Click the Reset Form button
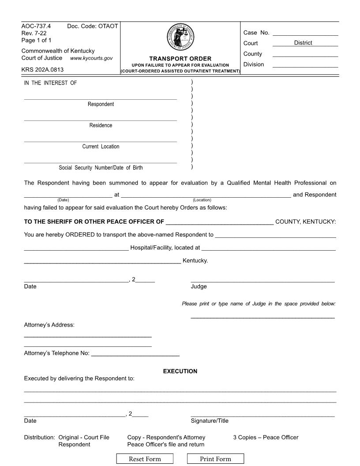click(145, 459)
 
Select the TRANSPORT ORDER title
click(180, 59)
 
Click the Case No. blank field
click(305, 32)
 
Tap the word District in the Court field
click(303, 43)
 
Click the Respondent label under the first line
click(101, 104)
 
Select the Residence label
click(101, 125)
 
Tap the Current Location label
click(101, 147)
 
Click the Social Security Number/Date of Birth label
click(101, 168)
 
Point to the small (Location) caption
click(202, 200)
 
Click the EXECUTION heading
click(180, 371)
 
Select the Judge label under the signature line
click(199, 286)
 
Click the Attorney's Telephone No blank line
click(135, 353)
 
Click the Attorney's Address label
click(49, 325)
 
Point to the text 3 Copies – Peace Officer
click(266, 437)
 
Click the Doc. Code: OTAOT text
click(92, 26)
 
